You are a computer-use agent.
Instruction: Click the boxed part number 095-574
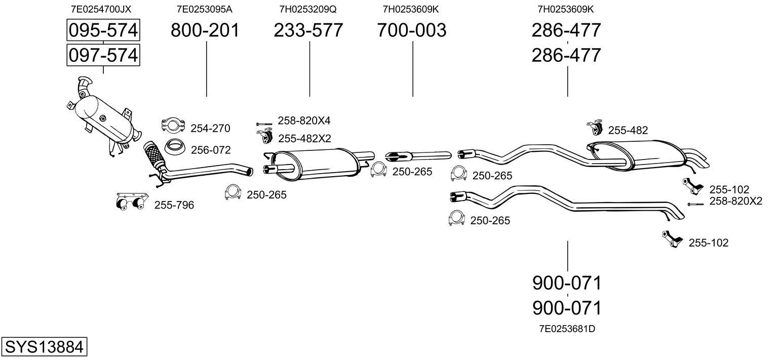pos(103,30)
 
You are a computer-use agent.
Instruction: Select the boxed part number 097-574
pos(103,55)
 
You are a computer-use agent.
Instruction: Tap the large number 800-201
pos(205,30)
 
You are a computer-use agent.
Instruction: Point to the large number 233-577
pos(308,30)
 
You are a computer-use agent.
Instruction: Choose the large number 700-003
pos(412,30)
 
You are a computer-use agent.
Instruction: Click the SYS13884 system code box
pos(44,346)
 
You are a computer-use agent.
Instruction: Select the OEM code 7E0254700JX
pos(101,9)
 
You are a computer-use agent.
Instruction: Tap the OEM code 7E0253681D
pos(567,329)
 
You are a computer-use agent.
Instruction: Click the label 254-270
pos(210,128)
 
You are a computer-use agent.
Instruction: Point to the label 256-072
pos(211,150)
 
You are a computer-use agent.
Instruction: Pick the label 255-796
pos(174,205)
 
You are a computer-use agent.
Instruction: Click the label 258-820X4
pos(304,121)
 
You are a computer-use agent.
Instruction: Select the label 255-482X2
pos(304,138)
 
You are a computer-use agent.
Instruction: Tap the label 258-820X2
pos(736,201)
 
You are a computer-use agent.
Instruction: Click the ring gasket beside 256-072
pos(174,147)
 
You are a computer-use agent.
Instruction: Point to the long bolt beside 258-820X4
pos(264,124)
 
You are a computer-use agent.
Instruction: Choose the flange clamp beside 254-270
pos(173,125)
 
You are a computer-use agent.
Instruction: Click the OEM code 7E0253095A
pos(205,9)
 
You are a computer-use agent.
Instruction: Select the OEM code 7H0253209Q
pos(308,9)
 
